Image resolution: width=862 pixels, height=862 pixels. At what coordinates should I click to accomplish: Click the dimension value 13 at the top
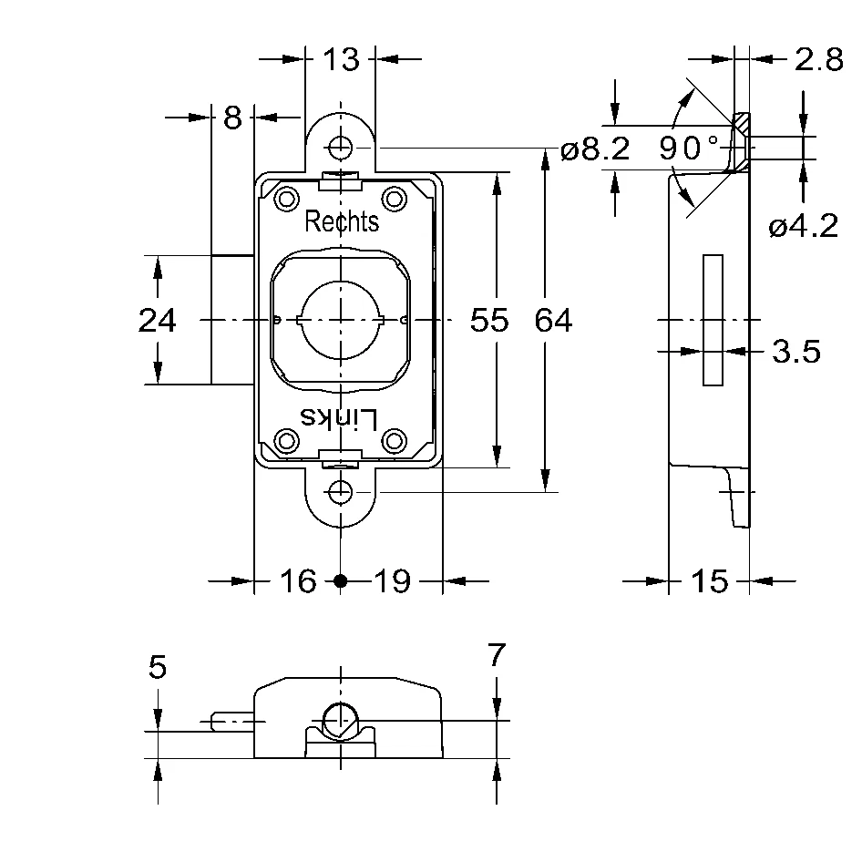(x=341, y=60)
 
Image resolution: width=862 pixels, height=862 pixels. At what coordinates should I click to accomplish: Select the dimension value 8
(x=232, y=118)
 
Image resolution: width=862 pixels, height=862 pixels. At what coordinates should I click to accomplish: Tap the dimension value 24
(x=157, y=321)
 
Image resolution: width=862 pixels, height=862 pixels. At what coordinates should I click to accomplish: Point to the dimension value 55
(x=488, y=321)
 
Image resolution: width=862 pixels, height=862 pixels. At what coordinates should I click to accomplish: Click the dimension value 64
(x=553, y=321)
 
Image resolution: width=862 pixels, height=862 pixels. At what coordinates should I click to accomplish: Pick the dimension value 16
(x=298, y=580)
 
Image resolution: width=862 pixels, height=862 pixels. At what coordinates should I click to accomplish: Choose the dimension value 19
(x=393, y=580)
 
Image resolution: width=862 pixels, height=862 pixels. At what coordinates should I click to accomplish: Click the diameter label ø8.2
(x=595, y=149)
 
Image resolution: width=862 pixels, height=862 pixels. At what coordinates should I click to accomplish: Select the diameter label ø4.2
(x=803, y=226)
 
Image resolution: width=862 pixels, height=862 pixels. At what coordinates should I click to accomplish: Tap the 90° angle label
(x=689, y=148)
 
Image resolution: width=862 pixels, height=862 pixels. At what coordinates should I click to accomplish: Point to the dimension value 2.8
(x=817, y=60)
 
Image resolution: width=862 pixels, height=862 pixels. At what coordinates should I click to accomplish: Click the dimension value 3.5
(x=796, y=351)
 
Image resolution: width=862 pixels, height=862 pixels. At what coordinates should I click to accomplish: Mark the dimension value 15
(x=710, y=580)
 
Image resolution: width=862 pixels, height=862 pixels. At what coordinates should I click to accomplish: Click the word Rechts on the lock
(x=342, y=221)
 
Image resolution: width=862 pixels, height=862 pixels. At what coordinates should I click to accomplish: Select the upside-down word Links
(x=339, y=418)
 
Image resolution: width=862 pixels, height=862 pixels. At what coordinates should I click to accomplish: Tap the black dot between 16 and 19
(x=341, y=580)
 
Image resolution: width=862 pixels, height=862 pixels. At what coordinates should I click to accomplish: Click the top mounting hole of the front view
(x=341, y=147)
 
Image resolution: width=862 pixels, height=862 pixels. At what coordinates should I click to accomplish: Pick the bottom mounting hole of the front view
(x=341, y=492)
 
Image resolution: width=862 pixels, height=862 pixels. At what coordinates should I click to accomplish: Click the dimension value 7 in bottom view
(x=496, y=655)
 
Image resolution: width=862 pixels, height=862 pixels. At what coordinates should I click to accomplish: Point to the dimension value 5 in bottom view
(x=158, y=668)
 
